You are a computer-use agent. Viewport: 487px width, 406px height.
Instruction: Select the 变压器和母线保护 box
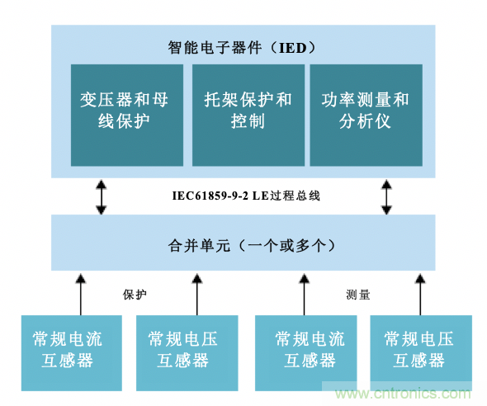[127, 114]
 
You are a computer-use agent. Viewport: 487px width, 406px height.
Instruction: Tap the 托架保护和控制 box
[247, 114]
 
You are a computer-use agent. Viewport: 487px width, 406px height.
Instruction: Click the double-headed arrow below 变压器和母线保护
[101, 197]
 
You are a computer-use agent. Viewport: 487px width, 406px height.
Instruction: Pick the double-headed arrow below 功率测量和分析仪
[385, 197]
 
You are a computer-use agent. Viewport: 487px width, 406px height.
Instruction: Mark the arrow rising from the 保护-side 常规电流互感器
[80, 292]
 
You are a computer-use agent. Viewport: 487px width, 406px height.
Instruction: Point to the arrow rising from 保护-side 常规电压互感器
[196, 292]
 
